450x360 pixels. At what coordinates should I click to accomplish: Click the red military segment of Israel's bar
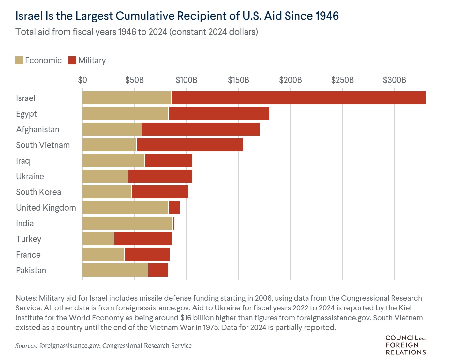(298, 98)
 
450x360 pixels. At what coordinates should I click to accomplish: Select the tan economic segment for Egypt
(125, 113)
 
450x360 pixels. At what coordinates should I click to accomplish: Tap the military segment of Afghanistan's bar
(201, 129)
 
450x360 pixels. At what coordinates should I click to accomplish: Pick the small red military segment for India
(174, 223)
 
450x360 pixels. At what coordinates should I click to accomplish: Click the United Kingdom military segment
(174, 207)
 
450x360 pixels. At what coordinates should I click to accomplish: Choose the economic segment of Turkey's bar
(98, 239)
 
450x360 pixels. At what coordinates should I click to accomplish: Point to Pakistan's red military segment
(158, 270)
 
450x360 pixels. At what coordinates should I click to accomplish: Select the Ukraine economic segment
(105, 176)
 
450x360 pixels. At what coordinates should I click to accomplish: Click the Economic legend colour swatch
(19, 60)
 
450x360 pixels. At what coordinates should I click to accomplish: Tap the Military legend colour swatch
(72, 60)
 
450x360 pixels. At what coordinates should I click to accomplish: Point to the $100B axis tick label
(186, 80)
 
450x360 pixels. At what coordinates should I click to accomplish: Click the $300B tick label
(394, 80)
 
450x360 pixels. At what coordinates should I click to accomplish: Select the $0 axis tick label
(82, 80)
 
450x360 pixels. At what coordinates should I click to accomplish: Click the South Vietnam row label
(43, 145)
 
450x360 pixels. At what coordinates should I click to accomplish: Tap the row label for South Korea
(38, 192)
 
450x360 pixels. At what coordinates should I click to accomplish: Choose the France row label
(28, 255)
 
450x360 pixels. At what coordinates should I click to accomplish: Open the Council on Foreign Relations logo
(406, 345)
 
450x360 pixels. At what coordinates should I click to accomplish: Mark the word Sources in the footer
(26, 346)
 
